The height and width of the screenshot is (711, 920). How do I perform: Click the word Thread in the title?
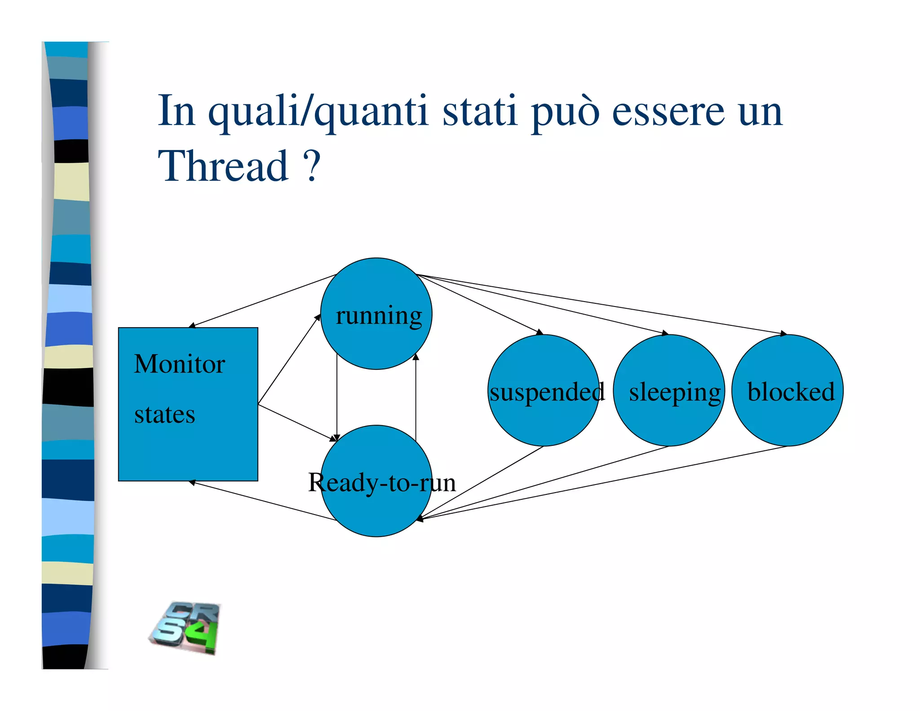click(223, 166)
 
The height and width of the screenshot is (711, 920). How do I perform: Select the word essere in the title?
click(668, 111)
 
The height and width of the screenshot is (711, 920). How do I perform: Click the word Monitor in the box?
click(179, 364)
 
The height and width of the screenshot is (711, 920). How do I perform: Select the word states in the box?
click(164, 414)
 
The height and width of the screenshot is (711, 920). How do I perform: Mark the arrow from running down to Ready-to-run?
click(337, 395)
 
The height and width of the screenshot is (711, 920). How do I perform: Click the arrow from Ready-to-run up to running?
click(416, 395)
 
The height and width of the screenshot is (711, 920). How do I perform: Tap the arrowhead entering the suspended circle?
click(540, 332)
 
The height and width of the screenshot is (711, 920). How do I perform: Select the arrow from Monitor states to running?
click(289, 360)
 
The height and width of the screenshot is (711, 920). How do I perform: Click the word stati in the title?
click(479, 111)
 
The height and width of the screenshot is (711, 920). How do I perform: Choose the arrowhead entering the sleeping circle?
click(665, 333)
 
